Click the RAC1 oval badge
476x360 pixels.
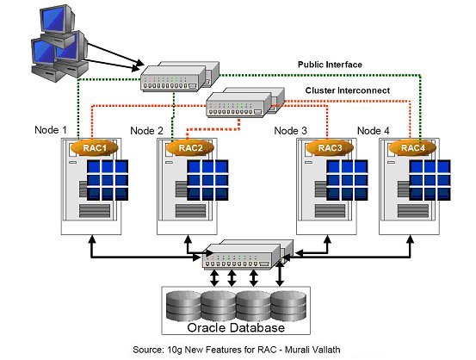point(95,148)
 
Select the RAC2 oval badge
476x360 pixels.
point(190,148)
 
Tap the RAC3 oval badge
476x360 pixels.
point(330,148)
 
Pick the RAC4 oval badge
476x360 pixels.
point(412,148)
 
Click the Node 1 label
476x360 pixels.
point(51,130)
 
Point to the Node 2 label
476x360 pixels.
point(146,131)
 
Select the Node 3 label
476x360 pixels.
point(291,131)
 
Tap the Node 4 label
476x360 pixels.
point(373,131)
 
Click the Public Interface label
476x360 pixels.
point(330,65)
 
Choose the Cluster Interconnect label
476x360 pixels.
point(348,90)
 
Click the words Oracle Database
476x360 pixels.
point(236,327)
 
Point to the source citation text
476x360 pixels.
point(237,350)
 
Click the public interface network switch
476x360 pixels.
point(180,77)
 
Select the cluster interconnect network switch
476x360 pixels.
point(245,102)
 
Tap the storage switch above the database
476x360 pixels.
point(248,254)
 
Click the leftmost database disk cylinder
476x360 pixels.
point(184,306)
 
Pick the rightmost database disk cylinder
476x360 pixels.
point(288,306)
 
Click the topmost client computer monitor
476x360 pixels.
point(57,19)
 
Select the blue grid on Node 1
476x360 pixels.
point(108,180)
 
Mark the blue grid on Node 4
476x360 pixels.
point(430,180)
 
